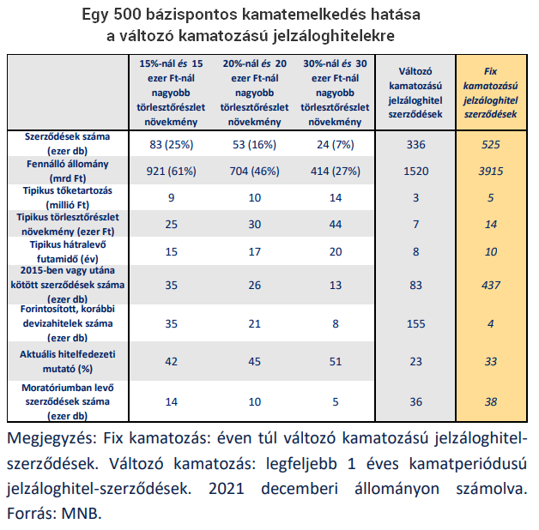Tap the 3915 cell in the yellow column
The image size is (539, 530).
pyautogui.click(x=490, y=172)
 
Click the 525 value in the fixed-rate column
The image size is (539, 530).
pyautogui.click(x=490, y=144)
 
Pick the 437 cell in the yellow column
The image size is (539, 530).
pyautogui.click(x=490, y=283)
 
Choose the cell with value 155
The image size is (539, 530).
pyautogui.click(x=415, y=323)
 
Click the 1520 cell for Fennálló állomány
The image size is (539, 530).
pyautogui.click(x=415, y=172)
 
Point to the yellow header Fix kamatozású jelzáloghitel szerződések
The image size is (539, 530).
pyautogui.click(x=490, y=93)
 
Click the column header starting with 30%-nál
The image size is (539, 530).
pyautogui.click(x=338, y=93)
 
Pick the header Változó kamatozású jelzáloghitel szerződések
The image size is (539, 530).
pyautogui.click(x=415, y=93)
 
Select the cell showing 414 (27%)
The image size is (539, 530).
pyautogui.click(x=338, y=172)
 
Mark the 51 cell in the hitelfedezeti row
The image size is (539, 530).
pyautogui.click(x=338, y=361)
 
